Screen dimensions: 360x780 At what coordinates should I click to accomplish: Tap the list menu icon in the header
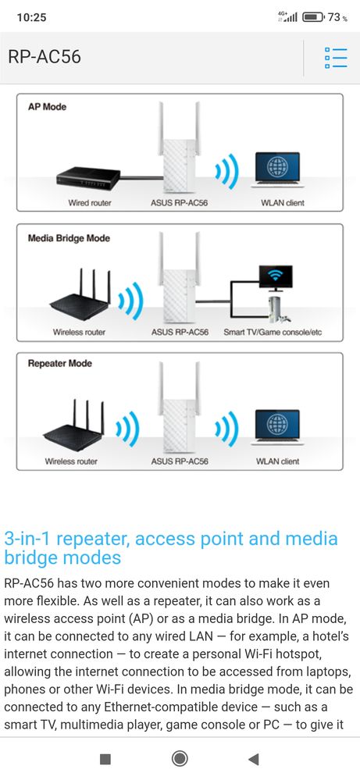point(335,58)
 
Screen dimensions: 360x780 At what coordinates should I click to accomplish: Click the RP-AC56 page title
point(45,57)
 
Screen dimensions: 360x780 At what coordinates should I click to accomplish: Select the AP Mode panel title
point(47,106)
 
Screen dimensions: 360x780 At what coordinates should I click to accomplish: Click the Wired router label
point(90,203)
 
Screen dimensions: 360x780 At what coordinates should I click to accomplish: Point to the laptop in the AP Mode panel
point(277,169)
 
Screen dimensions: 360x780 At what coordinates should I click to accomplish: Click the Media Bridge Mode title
point(70,238)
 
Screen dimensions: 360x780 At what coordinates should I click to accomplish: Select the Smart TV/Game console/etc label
point(273,333)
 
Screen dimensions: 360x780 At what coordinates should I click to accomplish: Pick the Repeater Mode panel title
point(59,364)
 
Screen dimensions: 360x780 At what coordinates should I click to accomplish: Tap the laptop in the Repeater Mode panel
point(277,427)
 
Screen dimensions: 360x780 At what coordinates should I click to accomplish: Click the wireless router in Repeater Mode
point(75,426)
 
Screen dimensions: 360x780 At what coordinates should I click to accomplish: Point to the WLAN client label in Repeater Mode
point(277,461)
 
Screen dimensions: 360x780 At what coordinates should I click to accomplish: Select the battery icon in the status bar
point(314,17)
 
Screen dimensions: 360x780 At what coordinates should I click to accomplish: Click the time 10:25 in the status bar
point(31,17)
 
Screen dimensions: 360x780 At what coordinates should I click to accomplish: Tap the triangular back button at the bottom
point(254,759)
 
